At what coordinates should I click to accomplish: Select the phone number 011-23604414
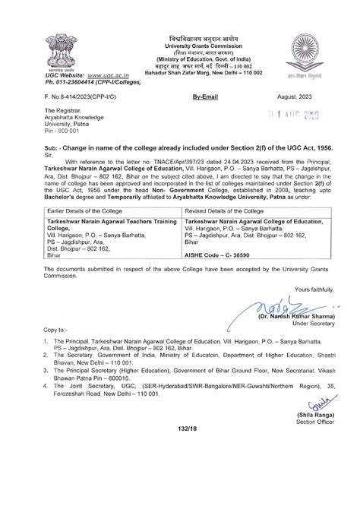pos(83,84)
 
